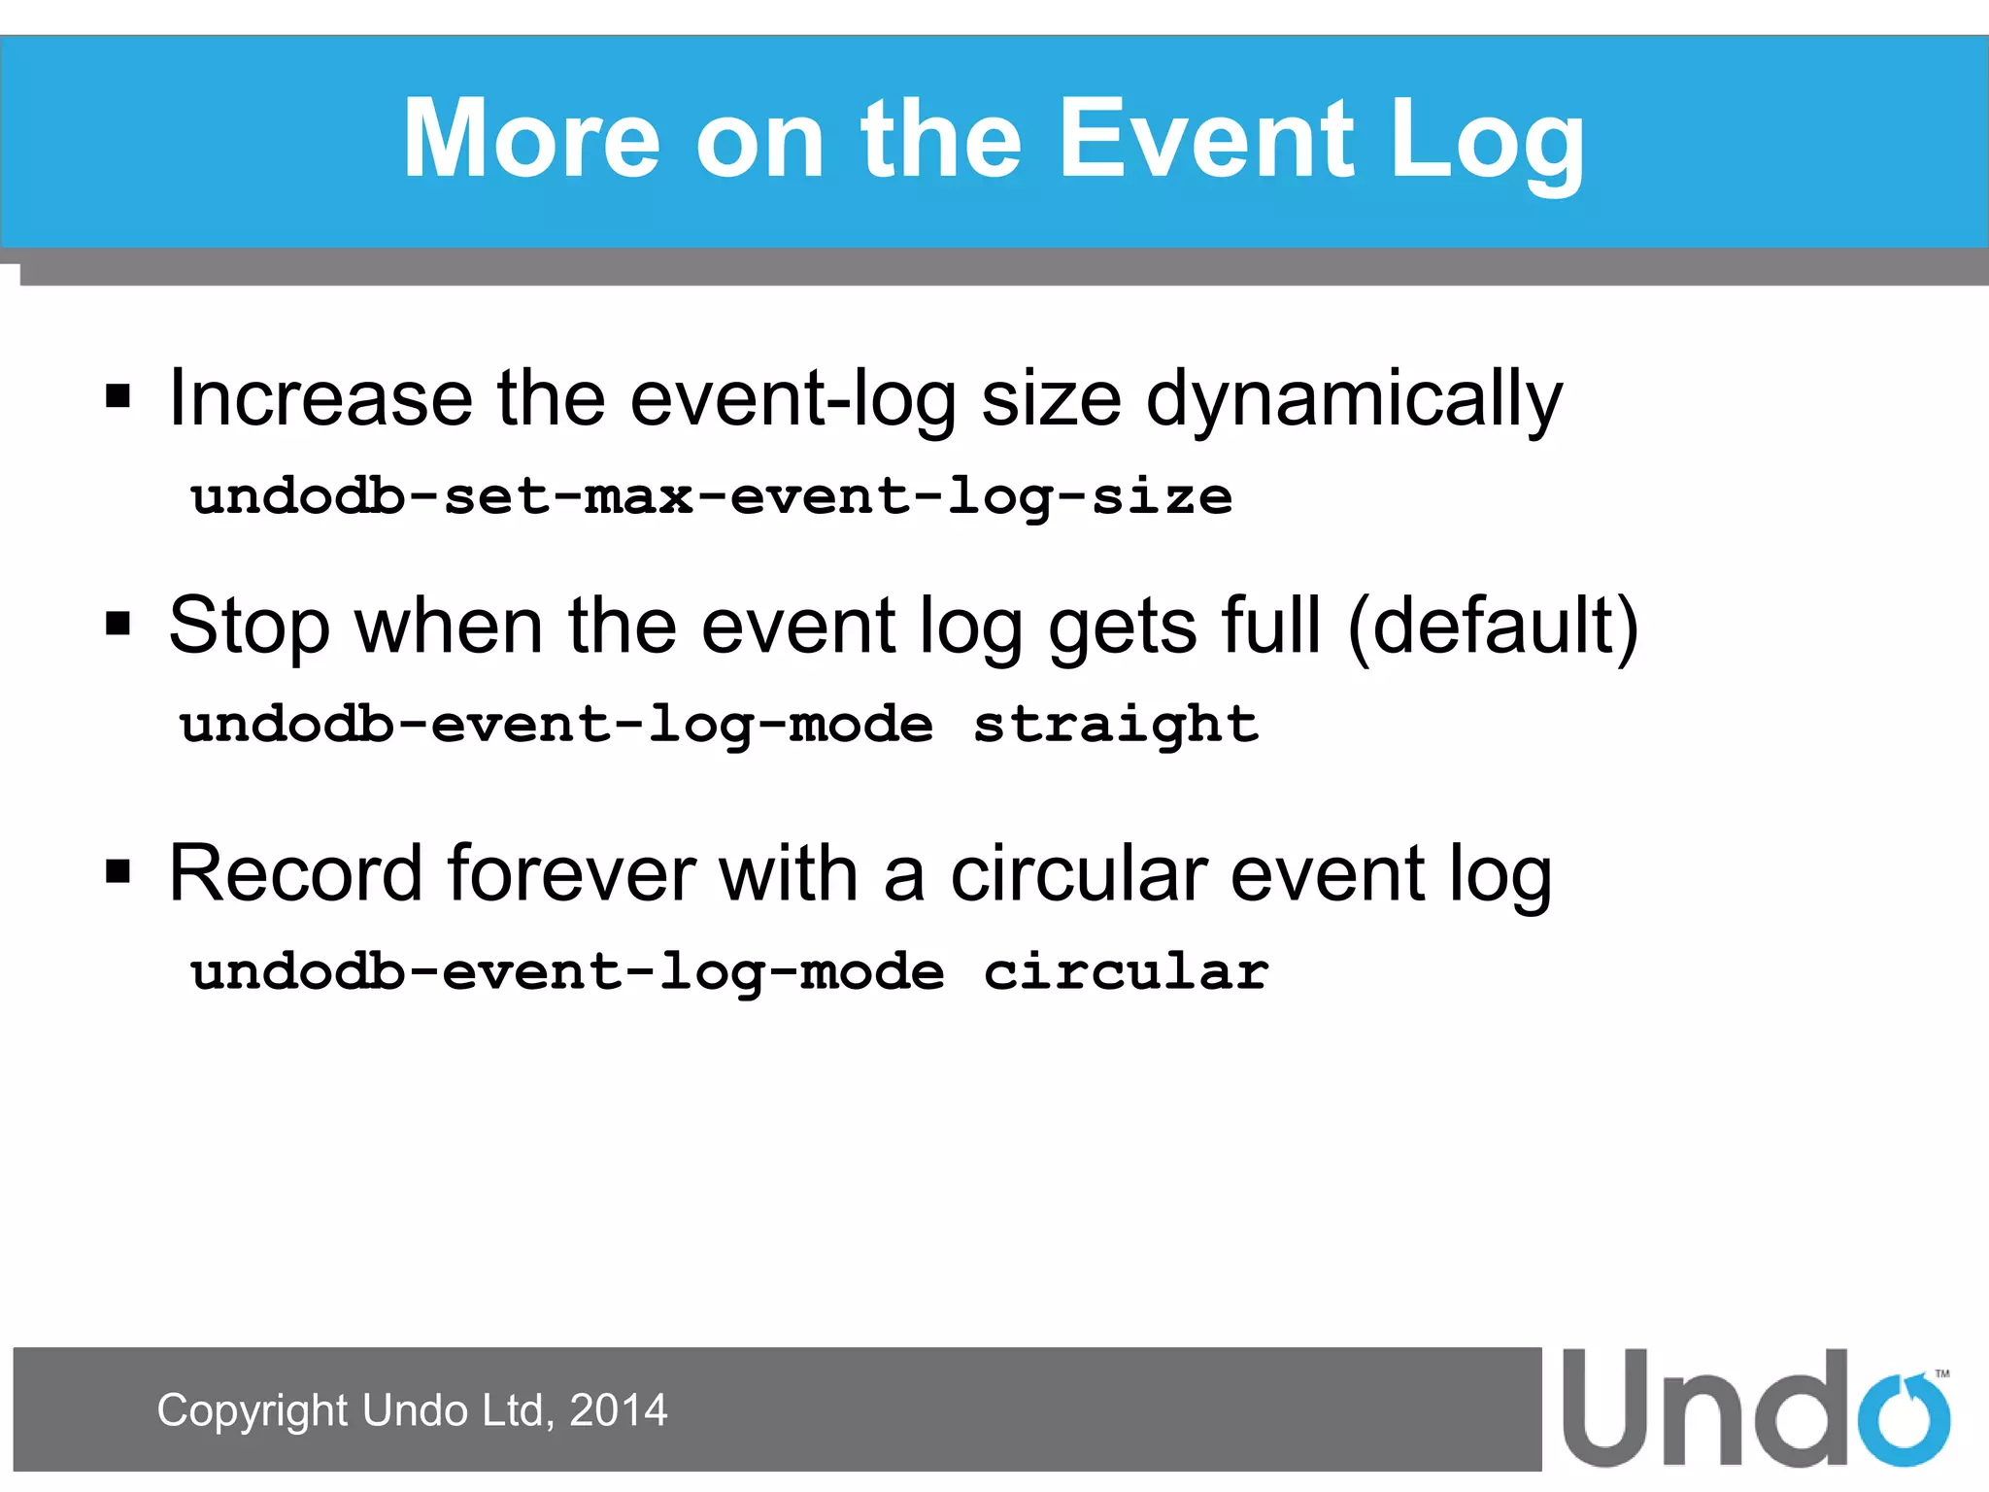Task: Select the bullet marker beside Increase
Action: point(118,396)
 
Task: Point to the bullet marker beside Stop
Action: point(118,623)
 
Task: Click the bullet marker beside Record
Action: point(118,871)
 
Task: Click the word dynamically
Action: point(1354,399)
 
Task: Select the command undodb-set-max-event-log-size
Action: point(711,497)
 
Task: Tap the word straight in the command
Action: point(1116,725)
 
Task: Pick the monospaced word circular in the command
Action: point(1126,972)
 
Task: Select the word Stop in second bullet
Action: point(249,627)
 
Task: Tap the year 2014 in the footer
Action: point(619,1410)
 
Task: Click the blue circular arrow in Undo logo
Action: point(1904,1419)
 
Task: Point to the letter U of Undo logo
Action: point(1607,1407)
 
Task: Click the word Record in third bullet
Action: point(295,873)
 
